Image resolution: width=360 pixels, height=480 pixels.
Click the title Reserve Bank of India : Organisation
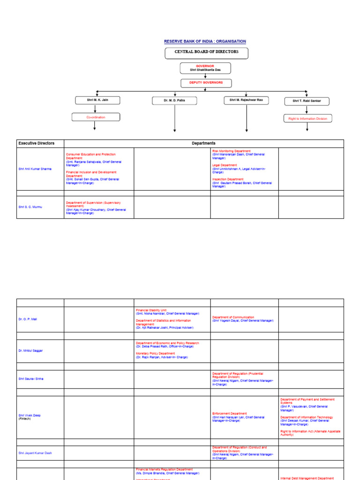pyautogui.click(x=205, y=42)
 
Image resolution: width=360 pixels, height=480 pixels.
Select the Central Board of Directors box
pyautogui.click(x=206, y=52)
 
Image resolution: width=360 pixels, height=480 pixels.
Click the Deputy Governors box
pyautogui.click(x=206, y=83)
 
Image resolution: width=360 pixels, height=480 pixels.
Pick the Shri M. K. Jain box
pyautogui.click(x=97, y=100)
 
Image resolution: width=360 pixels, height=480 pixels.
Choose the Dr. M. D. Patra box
pyautogui.click(x=174, y=100)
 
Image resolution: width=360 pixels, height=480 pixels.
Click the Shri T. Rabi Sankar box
pyautogui.click(x=307, y=101)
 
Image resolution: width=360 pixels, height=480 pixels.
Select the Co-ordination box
pyautogui.click(x=96, y=117)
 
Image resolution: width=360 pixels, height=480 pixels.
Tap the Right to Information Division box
pyautogui.click(x=307, y=119)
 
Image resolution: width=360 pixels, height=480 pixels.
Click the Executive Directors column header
pyautogui.click(x=37, y=143)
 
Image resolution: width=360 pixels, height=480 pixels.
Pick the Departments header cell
pyautogui.click(x=203, y=143)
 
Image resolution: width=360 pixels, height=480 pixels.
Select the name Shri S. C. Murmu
pyautogui.click(x=30, y=207)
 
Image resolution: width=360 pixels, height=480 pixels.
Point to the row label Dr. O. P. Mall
pyautogui.click(x=28, y=319)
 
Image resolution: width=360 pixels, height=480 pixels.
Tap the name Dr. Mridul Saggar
pyautogui.click(x=30, y=351)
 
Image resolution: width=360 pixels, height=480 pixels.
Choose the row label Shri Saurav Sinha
pyautogui.click(x=31, y=379)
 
